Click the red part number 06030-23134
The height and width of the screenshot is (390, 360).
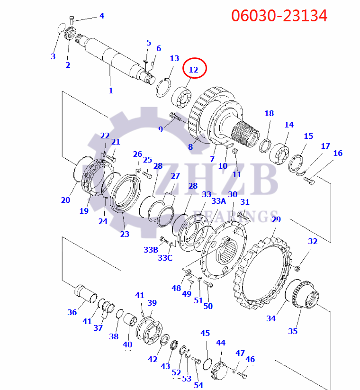(x=279, y=16)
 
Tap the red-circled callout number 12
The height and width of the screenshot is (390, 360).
(x=193, y=70)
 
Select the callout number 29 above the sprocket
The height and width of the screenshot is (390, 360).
(x=276, y=219)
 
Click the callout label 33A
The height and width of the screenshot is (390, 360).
(x=218, y=201)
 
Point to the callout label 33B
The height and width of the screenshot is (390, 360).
(x=151, y=250)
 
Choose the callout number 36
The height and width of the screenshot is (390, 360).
(x=72, y=312)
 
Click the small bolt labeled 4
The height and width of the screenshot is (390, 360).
(x=72, y=20)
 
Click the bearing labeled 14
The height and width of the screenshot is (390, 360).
(x=279, y=154)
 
